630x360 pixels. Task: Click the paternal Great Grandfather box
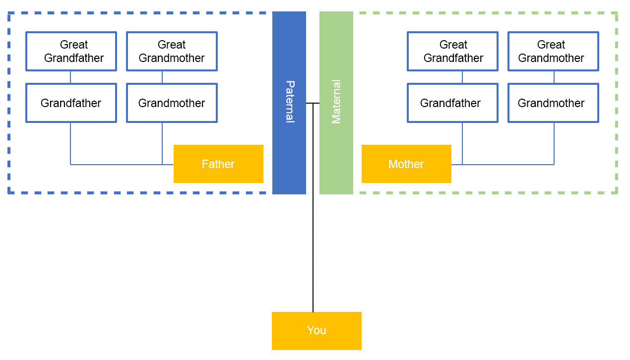point(71,52)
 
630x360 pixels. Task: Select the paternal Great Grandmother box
point(172,52)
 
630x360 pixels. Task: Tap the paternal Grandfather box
point(71,103)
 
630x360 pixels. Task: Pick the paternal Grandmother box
point(172,103)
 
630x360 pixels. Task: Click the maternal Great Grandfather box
point(452,52)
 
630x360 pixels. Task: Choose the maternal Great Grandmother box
point(553,52)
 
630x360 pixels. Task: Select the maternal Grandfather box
point(452,103)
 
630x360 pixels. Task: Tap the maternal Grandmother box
point(553,103)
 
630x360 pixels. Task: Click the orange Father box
point(218,164)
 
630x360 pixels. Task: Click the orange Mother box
point(406,164)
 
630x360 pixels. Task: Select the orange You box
point(316,331)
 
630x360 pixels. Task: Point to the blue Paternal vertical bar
point(289,149)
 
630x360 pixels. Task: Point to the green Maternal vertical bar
point(336,149)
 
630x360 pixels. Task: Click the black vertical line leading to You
point(313,248)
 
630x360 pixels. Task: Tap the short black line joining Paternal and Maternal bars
point(313,103)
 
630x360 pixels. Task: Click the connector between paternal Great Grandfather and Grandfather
point(70,77)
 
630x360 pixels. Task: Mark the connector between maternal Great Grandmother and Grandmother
point(554,77)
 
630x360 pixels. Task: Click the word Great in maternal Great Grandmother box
point(551,45)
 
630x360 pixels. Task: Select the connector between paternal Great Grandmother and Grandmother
point(162,77)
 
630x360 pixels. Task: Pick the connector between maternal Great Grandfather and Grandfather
point(462,77)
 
